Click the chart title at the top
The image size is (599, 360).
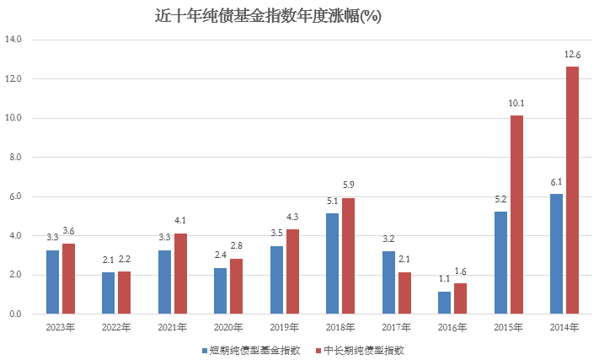point(269,16)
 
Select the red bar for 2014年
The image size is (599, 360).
point(572,190)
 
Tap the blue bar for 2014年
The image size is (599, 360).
point(556,254)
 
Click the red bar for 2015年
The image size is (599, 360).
point(516,214)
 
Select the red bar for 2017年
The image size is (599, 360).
point(404,293)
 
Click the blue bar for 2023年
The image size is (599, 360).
point(52,282)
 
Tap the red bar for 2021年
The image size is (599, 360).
point(180,273)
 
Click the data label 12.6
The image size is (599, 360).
point(572,55)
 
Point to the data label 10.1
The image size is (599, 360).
point(516,104)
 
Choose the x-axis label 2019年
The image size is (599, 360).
point(284,327)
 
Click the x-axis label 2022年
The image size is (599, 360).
point(116,327)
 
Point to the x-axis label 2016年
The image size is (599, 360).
point(452,327)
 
